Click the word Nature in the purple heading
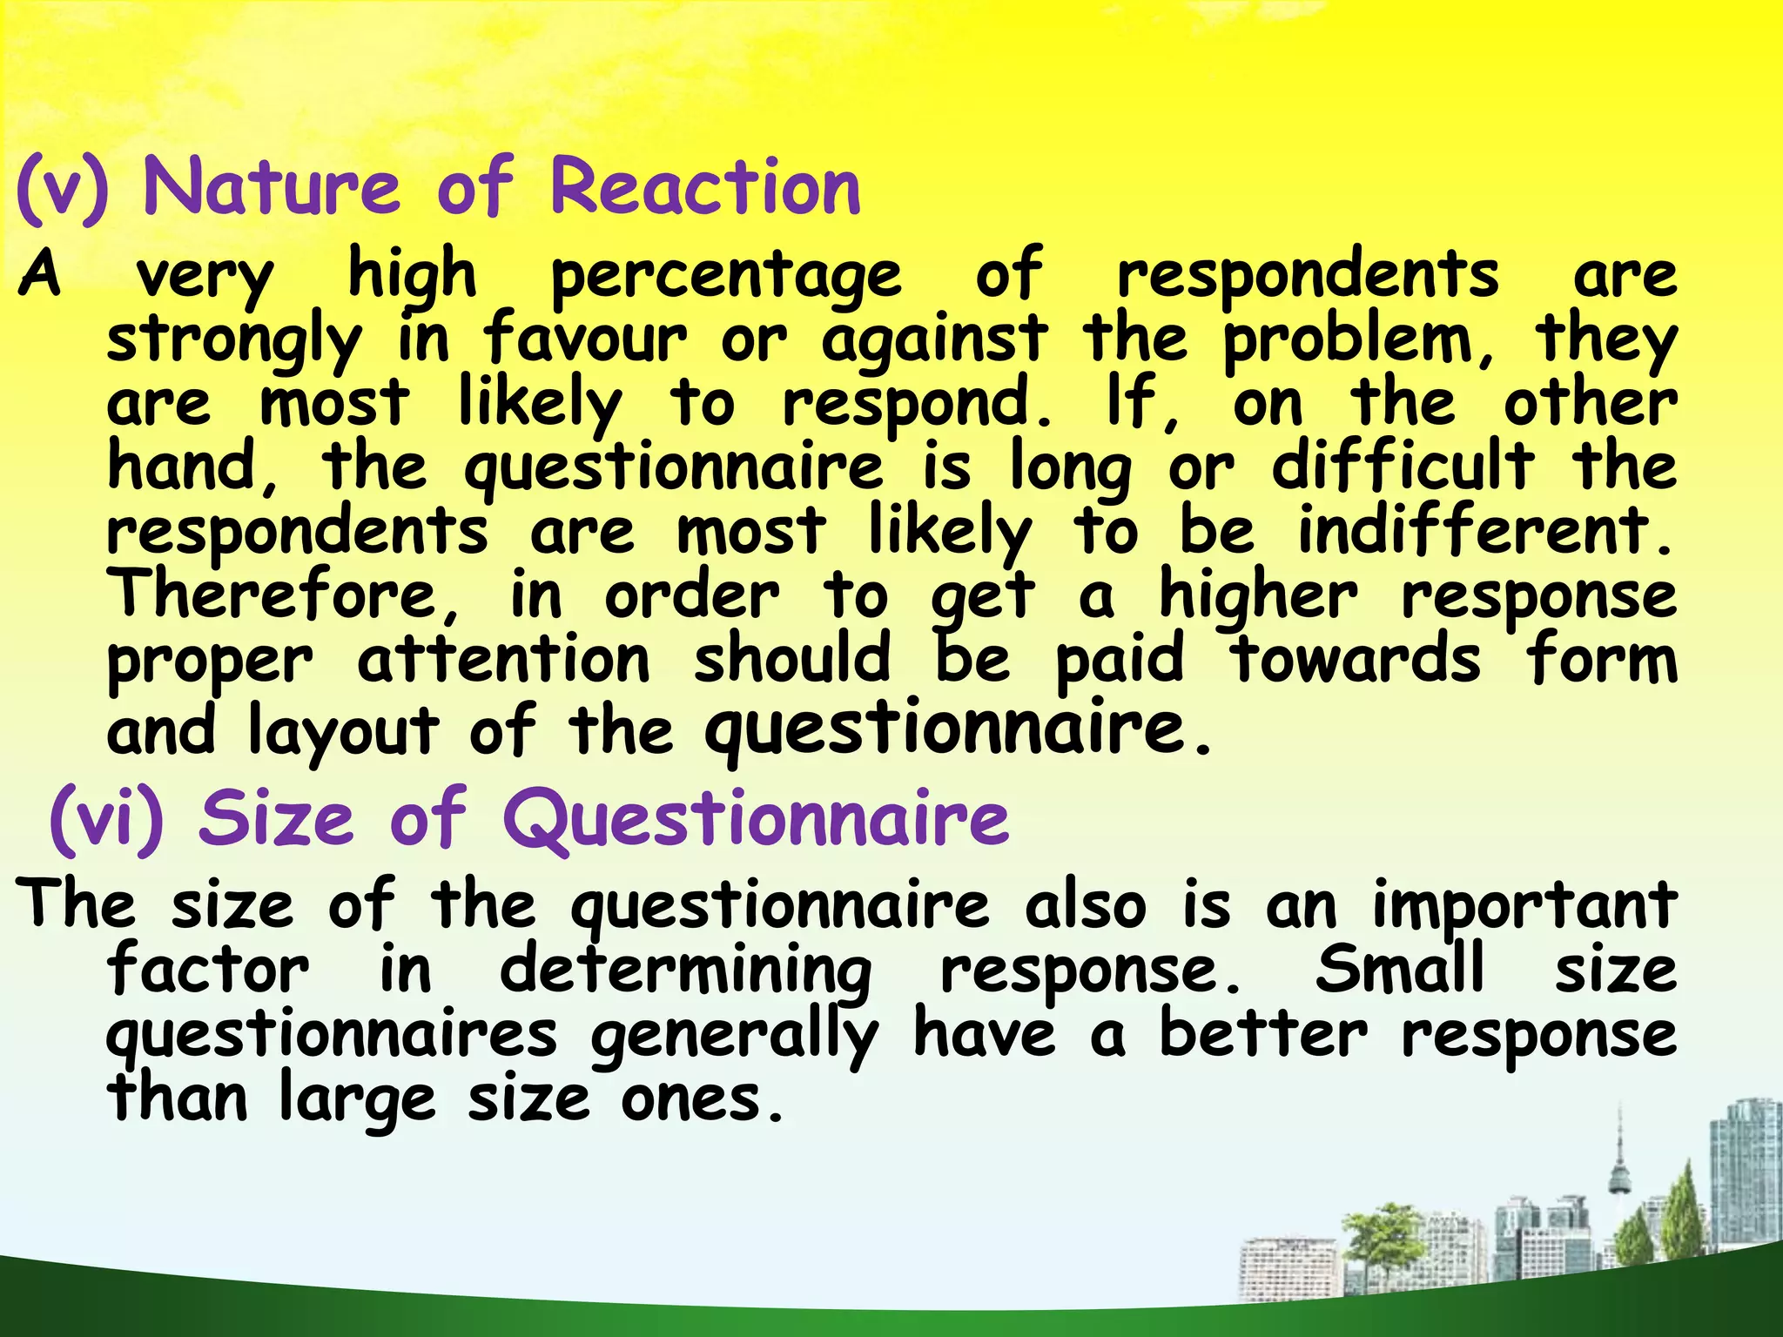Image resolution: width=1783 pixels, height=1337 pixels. tap(271, 188)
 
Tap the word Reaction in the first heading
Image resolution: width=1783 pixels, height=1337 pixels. tap(705, 188)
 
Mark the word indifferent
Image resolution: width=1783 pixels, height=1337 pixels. tap(1484, 530)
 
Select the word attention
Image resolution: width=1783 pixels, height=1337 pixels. tap(503, 660)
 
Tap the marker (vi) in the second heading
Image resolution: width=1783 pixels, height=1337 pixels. tap(106, 818)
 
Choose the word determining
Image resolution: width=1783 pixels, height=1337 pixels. tap(685, 971)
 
